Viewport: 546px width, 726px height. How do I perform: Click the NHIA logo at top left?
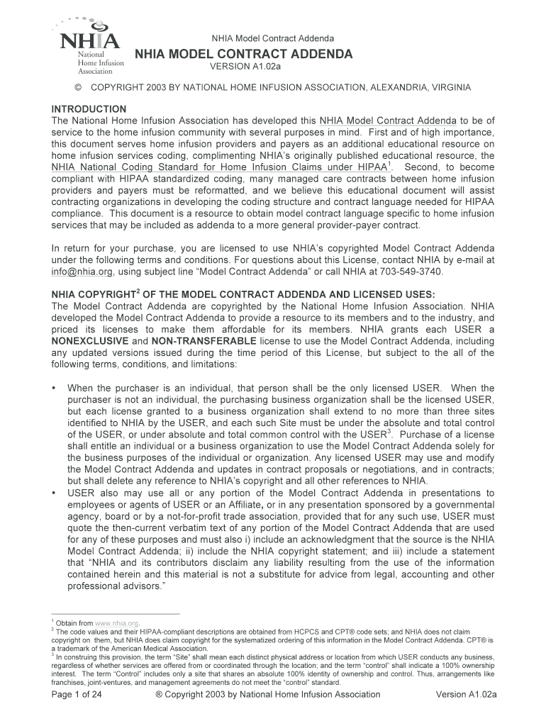pyautogui.click(x=89, y=48)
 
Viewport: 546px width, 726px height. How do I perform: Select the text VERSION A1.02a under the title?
pyautogui.click(x=245, y=67)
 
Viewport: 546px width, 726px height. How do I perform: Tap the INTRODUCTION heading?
pyautogui.click(x=89, y=109)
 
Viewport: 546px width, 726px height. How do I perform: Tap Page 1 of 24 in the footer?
pyautogui.click(x=78, y=695)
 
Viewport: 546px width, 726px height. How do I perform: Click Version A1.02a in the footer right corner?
pyautogui.click(x=466, y=695)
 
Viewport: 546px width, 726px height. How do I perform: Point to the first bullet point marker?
pyautogui.click(x=55, y=389)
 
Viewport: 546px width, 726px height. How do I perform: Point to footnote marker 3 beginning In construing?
pyautogui.click(x=52, y=656)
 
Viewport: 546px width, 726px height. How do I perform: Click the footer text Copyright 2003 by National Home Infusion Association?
pyautogui.click(x=268, y=695)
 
